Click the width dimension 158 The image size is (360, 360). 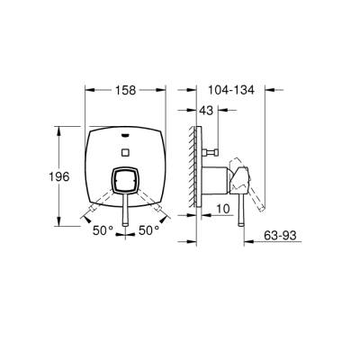[x=126, y=91]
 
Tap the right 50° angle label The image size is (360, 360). [x=148, y=231]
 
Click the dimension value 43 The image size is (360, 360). [x=205, y=110]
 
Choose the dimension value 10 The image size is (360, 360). [x=221, y=208]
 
